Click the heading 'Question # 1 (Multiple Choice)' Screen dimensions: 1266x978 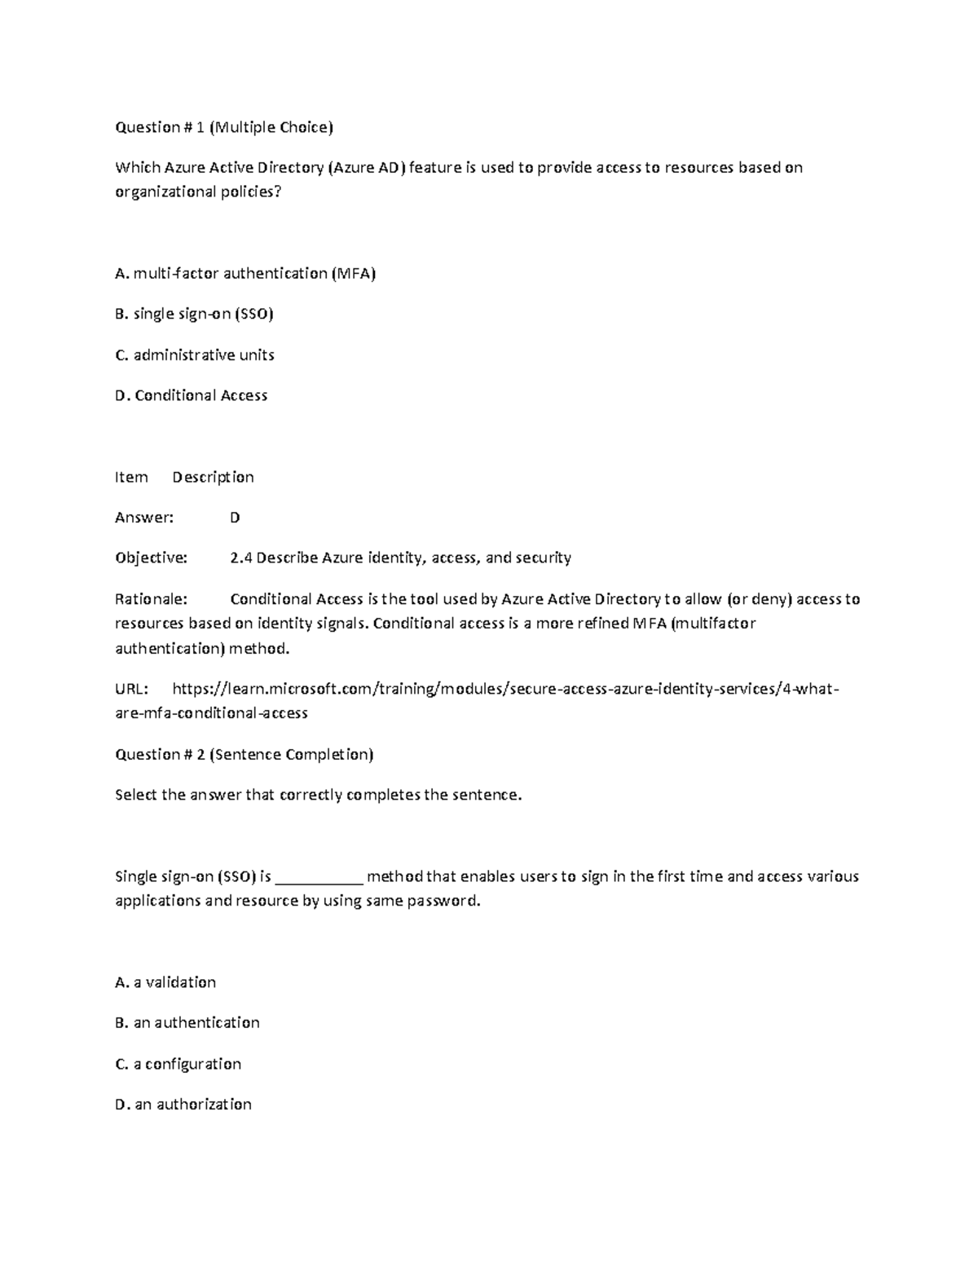tap(224, 127)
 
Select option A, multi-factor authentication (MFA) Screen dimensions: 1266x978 tap(245, 274)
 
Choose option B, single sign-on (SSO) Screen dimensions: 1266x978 tap(194, 315)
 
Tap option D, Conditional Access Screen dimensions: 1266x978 tap(192, 396)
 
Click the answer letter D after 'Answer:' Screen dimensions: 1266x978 tap(235, 518)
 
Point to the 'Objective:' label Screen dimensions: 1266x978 tap(152, 558)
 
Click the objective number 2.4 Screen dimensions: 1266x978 tap(241, 558)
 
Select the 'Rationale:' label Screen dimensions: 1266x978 tap(152, 599)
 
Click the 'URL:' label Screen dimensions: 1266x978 tap(132, 690)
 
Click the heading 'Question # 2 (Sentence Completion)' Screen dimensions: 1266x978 tap(244, 755)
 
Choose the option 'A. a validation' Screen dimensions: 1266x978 tap(165, 983)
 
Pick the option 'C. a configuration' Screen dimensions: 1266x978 tap(178, 1065)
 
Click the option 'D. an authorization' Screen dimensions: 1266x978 tap(183, 1105)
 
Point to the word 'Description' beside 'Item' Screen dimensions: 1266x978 tap(213, 478)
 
